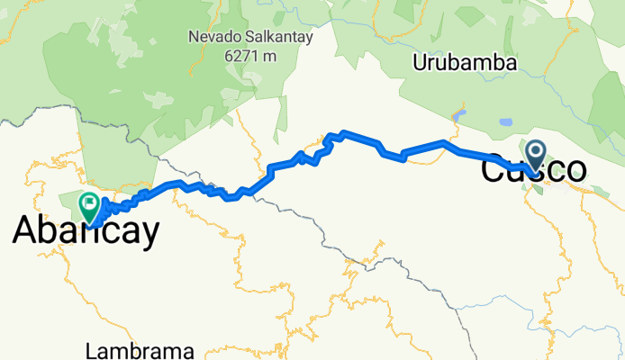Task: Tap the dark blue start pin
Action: (x=535, y=156)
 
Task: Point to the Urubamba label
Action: (x=464, y=63)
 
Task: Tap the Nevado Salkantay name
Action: (x=243, y=38)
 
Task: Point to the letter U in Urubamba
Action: (x=421, y=63)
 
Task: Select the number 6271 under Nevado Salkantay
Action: (x=235, y=55)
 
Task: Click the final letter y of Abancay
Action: (x=150, y=234)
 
